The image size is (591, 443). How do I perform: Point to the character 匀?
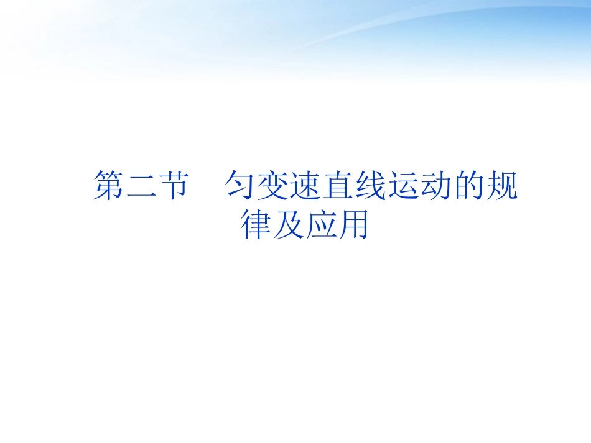point(242,186)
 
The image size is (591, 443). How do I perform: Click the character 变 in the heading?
point(274,186)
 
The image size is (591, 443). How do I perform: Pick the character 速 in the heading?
point(307,186)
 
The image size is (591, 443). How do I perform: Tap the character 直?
point(339,186)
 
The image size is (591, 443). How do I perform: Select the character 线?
point(371,186)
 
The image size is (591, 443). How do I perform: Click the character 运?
point(404,186)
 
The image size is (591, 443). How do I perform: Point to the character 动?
point(436,186)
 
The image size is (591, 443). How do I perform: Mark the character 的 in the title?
point(468,186)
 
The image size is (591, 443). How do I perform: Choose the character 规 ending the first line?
point(501,186)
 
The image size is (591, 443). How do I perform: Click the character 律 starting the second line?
point(256,226)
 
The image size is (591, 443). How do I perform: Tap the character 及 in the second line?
point(288,226)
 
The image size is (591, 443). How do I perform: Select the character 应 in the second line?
point(320,226)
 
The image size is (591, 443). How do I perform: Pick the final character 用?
point(353,226)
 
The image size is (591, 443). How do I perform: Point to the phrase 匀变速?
point(274,186)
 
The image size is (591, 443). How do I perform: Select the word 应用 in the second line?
point(337,226)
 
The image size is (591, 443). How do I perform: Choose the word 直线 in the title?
point(355,186)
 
